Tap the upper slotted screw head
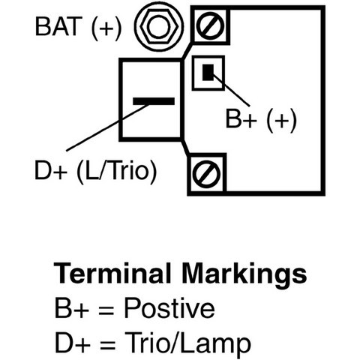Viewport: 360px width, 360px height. click(210, 26)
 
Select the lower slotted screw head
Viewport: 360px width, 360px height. click(207, 175)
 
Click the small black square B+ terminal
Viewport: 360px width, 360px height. click(208, 72)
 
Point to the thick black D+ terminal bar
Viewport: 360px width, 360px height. click(154, 101)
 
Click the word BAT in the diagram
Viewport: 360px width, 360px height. click(58, 26)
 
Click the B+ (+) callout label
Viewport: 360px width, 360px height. click(261, 119)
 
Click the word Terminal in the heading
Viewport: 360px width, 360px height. click(112, 273)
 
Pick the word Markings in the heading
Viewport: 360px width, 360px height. click(244, 275)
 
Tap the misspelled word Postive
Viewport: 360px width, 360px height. click(169, 308)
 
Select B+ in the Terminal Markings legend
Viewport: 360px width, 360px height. click(71, 308)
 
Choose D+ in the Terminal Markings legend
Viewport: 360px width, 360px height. click(73, 342)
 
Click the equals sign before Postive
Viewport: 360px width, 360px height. click(106, 310)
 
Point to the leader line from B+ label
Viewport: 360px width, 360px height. click(230, 90)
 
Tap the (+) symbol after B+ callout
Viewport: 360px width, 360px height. click(281, 121)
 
